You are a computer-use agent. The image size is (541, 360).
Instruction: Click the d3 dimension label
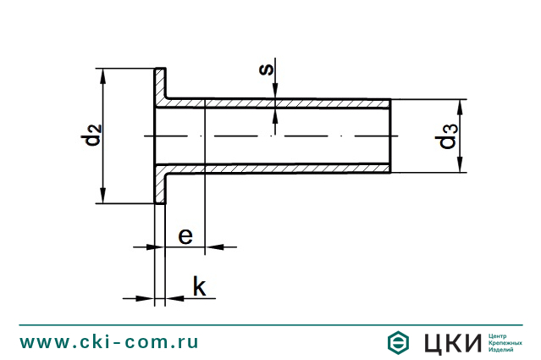[x=448, y=136]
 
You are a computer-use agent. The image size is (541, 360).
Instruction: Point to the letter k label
[x=199, y=286]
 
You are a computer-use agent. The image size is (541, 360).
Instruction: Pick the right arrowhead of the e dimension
[x=213, y=246]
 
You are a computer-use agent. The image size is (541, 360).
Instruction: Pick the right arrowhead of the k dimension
[x=174, y=297]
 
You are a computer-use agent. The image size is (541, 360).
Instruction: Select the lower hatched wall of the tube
[x=279, y=168]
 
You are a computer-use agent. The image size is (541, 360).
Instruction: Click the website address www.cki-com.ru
[x=109, y=342]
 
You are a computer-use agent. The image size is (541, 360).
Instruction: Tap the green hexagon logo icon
[x=397, y=342]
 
